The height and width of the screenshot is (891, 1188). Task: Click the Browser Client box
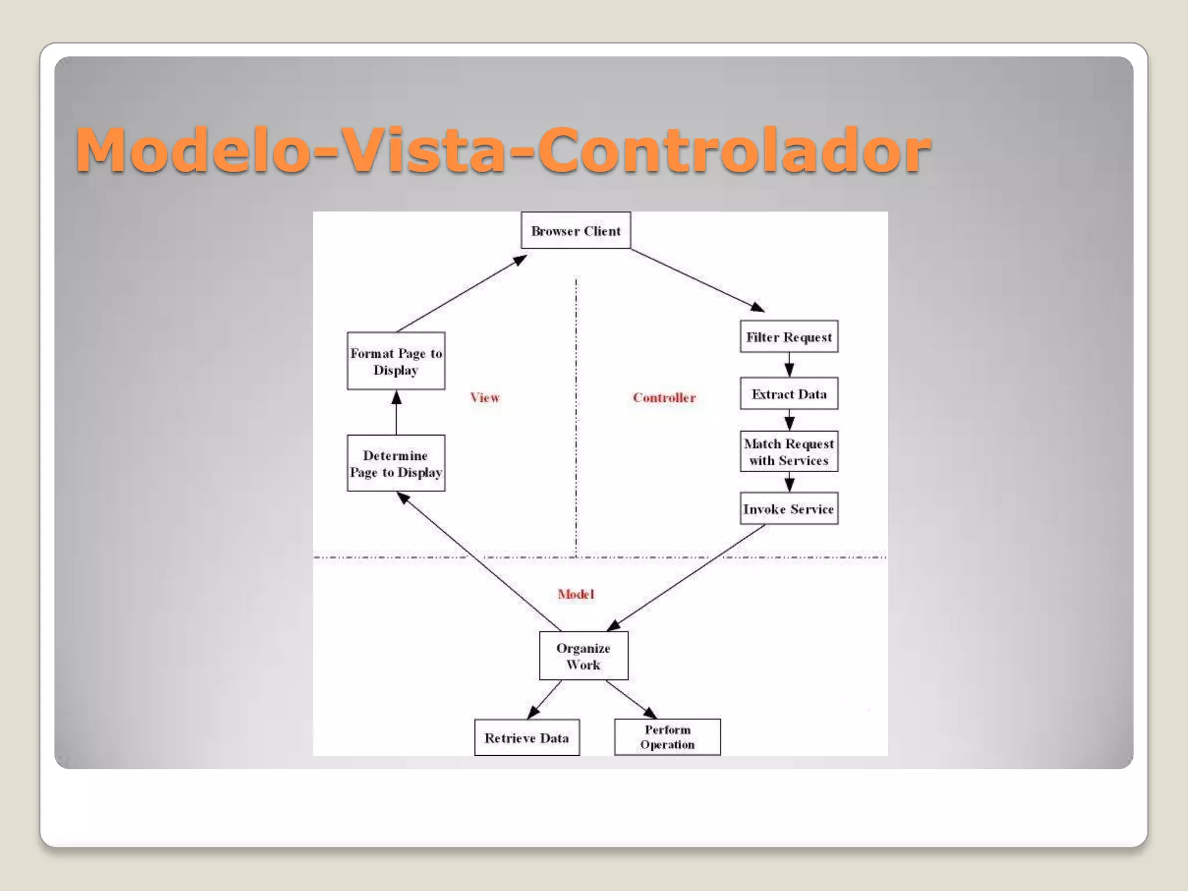click(575, 230)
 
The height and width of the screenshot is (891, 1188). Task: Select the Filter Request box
click(789, 336)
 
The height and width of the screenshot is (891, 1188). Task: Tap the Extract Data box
click(789, 394)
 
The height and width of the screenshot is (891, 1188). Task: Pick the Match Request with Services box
click(789, 451)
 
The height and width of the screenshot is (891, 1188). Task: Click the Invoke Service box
click(789, 509)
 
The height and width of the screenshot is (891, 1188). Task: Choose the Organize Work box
click(584, 656)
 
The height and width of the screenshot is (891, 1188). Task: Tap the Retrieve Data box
click(527, 738)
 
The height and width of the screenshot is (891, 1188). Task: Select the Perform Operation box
click(667, 737)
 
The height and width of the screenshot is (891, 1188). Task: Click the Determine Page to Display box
click(396, 463)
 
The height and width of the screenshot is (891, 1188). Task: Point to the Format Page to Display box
click(396, 361)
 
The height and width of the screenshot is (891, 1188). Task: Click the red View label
click(485, 397)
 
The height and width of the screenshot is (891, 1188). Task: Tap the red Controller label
click(664, 397)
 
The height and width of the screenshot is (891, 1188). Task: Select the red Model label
click(576, 594)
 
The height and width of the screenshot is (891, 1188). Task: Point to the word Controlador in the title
click(734, 150)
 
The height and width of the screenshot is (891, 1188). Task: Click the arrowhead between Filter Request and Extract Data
click(789, 370)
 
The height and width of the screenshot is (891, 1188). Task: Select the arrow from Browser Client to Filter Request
click(696, 280)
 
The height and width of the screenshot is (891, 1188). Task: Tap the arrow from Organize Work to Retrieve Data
click(545, 699)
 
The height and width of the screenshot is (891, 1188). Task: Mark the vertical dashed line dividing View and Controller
click(576, 418)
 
